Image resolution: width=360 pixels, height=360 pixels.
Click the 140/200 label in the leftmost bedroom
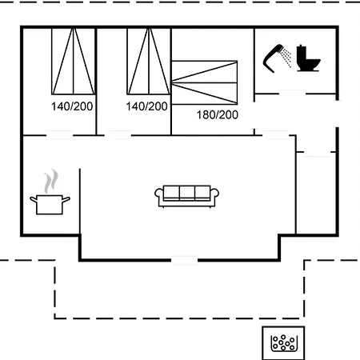72,106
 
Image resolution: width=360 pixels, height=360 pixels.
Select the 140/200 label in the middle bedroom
146,106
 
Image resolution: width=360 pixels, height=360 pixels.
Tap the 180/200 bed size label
218,115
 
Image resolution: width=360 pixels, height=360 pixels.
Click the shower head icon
273,58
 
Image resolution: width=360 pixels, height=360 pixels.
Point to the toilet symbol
308,58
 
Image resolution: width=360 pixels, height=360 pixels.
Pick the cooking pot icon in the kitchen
50,204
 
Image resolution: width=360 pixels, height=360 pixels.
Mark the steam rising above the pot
51,182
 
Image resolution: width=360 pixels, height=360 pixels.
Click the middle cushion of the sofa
187,193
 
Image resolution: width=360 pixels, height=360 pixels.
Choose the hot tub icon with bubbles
283,343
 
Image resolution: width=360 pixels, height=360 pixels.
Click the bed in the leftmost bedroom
73,62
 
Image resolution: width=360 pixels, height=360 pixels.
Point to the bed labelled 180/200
204,82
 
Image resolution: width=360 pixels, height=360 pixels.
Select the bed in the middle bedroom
149,62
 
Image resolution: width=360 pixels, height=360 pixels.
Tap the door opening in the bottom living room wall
184,260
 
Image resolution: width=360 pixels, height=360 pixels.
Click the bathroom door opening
292,94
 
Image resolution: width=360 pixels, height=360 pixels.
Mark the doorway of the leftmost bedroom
59,135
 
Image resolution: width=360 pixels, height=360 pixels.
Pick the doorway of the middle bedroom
118,135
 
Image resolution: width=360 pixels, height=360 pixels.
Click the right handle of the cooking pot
66,199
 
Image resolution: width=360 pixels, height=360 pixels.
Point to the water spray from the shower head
287,58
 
